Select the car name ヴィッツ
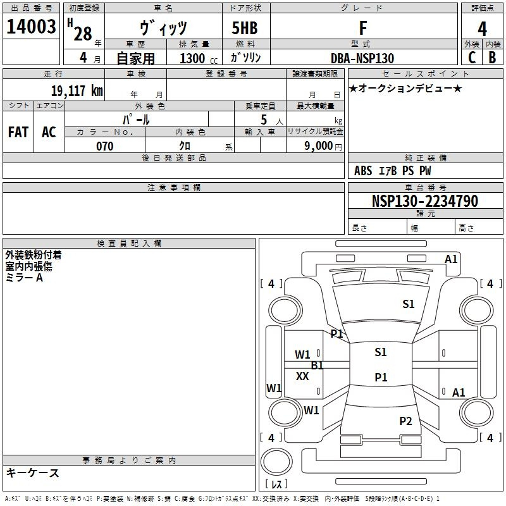163,28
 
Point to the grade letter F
362,28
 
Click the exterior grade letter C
472,58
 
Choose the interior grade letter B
493,58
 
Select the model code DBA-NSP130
362,58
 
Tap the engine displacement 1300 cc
196,58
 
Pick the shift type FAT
18,132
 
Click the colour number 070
104,146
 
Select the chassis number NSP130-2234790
425,201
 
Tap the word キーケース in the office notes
33,472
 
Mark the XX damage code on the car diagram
302,376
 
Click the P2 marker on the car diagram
405,421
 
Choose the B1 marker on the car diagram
317,365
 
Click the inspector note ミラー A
24,278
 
